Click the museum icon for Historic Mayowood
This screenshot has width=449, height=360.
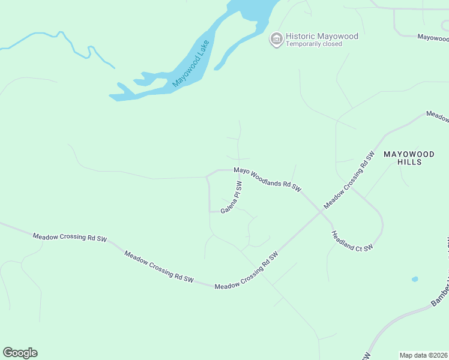click(276, 40)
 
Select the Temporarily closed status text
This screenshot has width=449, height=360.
click(313, 44)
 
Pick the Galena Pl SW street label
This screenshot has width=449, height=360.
click(231, 197)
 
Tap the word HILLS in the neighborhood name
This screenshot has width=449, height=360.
click(411, 163)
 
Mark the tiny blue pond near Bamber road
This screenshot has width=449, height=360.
click(415, 279)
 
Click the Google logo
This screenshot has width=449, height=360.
click(20, 353)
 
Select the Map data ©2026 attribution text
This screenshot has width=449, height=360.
click(423, 355)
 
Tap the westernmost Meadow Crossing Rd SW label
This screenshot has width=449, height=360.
click(70, 238)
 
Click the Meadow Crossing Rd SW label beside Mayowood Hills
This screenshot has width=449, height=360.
click(349, 179)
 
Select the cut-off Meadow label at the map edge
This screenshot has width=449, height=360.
click(438, 115)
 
